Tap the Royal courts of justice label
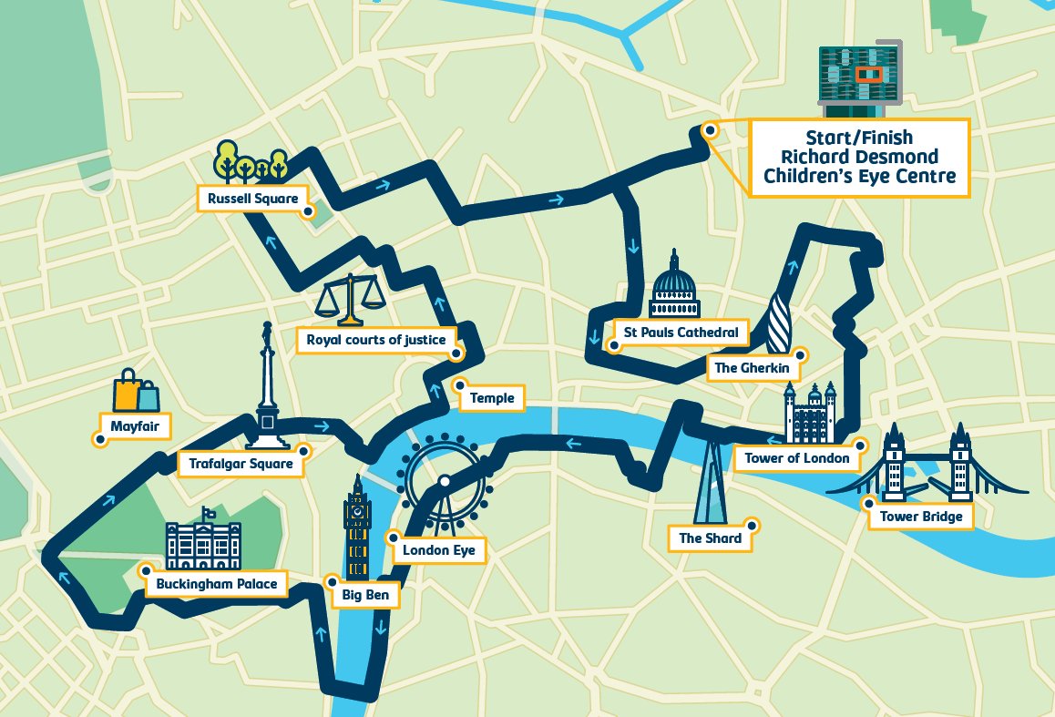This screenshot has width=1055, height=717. pyautogui.click(x=375, y=340)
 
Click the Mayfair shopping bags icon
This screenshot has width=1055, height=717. pyautogui.click(x=136, y=392)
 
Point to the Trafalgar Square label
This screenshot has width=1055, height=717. pyautogui.click(x=241, y=464)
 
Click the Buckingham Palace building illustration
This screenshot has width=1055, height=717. pyautogui.click(x=203, y=547)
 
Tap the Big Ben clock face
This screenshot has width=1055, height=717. pyautogui.click(x=357, y=513)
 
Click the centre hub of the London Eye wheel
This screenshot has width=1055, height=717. pyautogui.click(x=445, y=481)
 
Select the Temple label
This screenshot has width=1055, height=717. pyautogui.click(x=492, y=398)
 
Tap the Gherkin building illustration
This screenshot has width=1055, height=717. pyautogui.click(x=780, y=323)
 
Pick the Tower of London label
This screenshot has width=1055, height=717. pyautogui.click(x=796, y=458)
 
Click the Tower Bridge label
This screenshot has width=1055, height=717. pyautogui.click(x=920, y=517)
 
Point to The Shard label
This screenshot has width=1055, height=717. pyautogui.click(x=710, y=538)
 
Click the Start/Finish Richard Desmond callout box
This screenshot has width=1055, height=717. pyautogui.click(x=859, y=158)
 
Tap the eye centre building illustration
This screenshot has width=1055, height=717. pyautogui.click(x=859, y=79)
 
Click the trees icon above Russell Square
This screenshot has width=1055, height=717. pyautogui.click(x=251, y=162)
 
